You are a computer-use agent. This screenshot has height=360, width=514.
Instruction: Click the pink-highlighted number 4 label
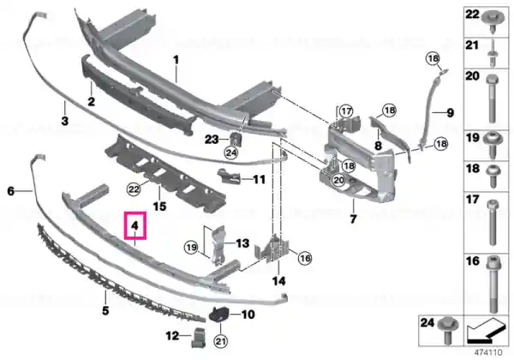pos(134,225)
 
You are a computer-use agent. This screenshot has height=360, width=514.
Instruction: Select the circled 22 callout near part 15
pos(134,189)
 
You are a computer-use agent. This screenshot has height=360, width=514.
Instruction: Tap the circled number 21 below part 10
pos(220,341)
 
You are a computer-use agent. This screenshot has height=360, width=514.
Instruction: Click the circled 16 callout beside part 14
pos(305,258)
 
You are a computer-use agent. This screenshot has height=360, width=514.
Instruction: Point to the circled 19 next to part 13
pos(191,247)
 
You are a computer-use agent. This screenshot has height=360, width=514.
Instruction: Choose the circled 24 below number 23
pos(231,153)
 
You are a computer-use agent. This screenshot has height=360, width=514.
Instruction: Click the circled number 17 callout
pos(345,111)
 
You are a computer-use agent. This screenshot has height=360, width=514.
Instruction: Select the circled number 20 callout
pos(338,180)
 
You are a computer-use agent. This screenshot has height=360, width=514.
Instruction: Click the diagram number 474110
pos(488,353)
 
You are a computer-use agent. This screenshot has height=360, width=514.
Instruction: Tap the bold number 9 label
pos(451,113)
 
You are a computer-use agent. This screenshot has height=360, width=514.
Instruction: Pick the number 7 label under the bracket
pos(353,219)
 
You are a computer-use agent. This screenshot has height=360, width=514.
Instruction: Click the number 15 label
pos(159,207)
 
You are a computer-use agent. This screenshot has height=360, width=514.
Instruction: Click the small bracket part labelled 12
pos(198,338)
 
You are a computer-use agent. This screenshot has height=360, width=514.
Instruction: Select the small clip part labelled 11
pos(230,176)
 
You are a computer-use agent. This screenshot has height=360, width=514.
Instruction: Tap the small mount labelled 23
pos(236,139)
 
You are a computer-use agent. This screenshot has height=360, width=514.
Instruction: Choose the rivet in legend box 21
pos(493,53)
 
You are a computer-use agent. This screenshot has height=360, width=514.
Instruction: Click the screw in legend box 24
pos(448,331)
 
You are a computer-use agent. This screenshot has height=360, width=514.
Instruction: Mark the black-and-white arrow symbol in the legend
pos(486,331)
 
